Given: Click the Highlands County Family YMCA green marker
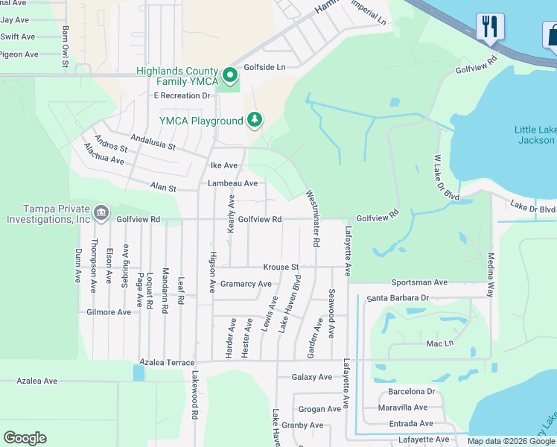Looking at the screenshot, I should pyautogui.click(x=231, y=75).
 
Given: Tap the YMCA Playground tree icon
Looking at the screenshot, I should pyautogui.click(x=255, y=120).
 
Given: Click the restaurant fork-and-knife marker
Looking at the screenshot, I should pyautogui.click(x=490, y=28).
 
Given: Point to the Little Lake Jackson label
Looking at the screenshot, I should pyautogui.click(x=535, y=135).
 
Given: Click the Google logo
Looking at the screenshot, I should pyautogui.click(x=25, y=438).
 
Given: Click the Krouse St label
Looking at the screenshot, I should pyautogui.click(x=281, y=267).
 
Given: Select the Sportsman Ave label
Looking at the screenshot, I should pyautogui.click(x=420, y=283).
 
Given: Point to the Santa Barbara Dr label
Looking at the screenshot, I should pyautogui.click(x=398, y=298).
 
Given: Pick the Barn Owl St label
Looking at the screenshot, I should pyautogui.click(x=66, y=47).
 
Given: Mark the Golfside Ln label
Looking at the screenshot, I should pyautogui.click(x=265, y=66).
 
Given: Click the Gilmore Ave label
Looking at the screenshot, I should pyautogui.click(x=109, y=312).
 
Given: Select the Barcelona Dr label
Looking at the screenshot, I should pyautogui.click(x=411, y=392).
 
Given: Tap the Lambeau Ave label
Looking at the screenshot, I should pyautogui.click(x=233, y=183).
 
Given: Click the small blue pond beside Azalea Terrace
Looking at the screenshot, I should pyautogui.click(x=139, y=372).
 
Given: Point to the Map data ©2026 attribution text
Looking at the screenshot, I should pyautogui.click(x=511, y=441).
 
